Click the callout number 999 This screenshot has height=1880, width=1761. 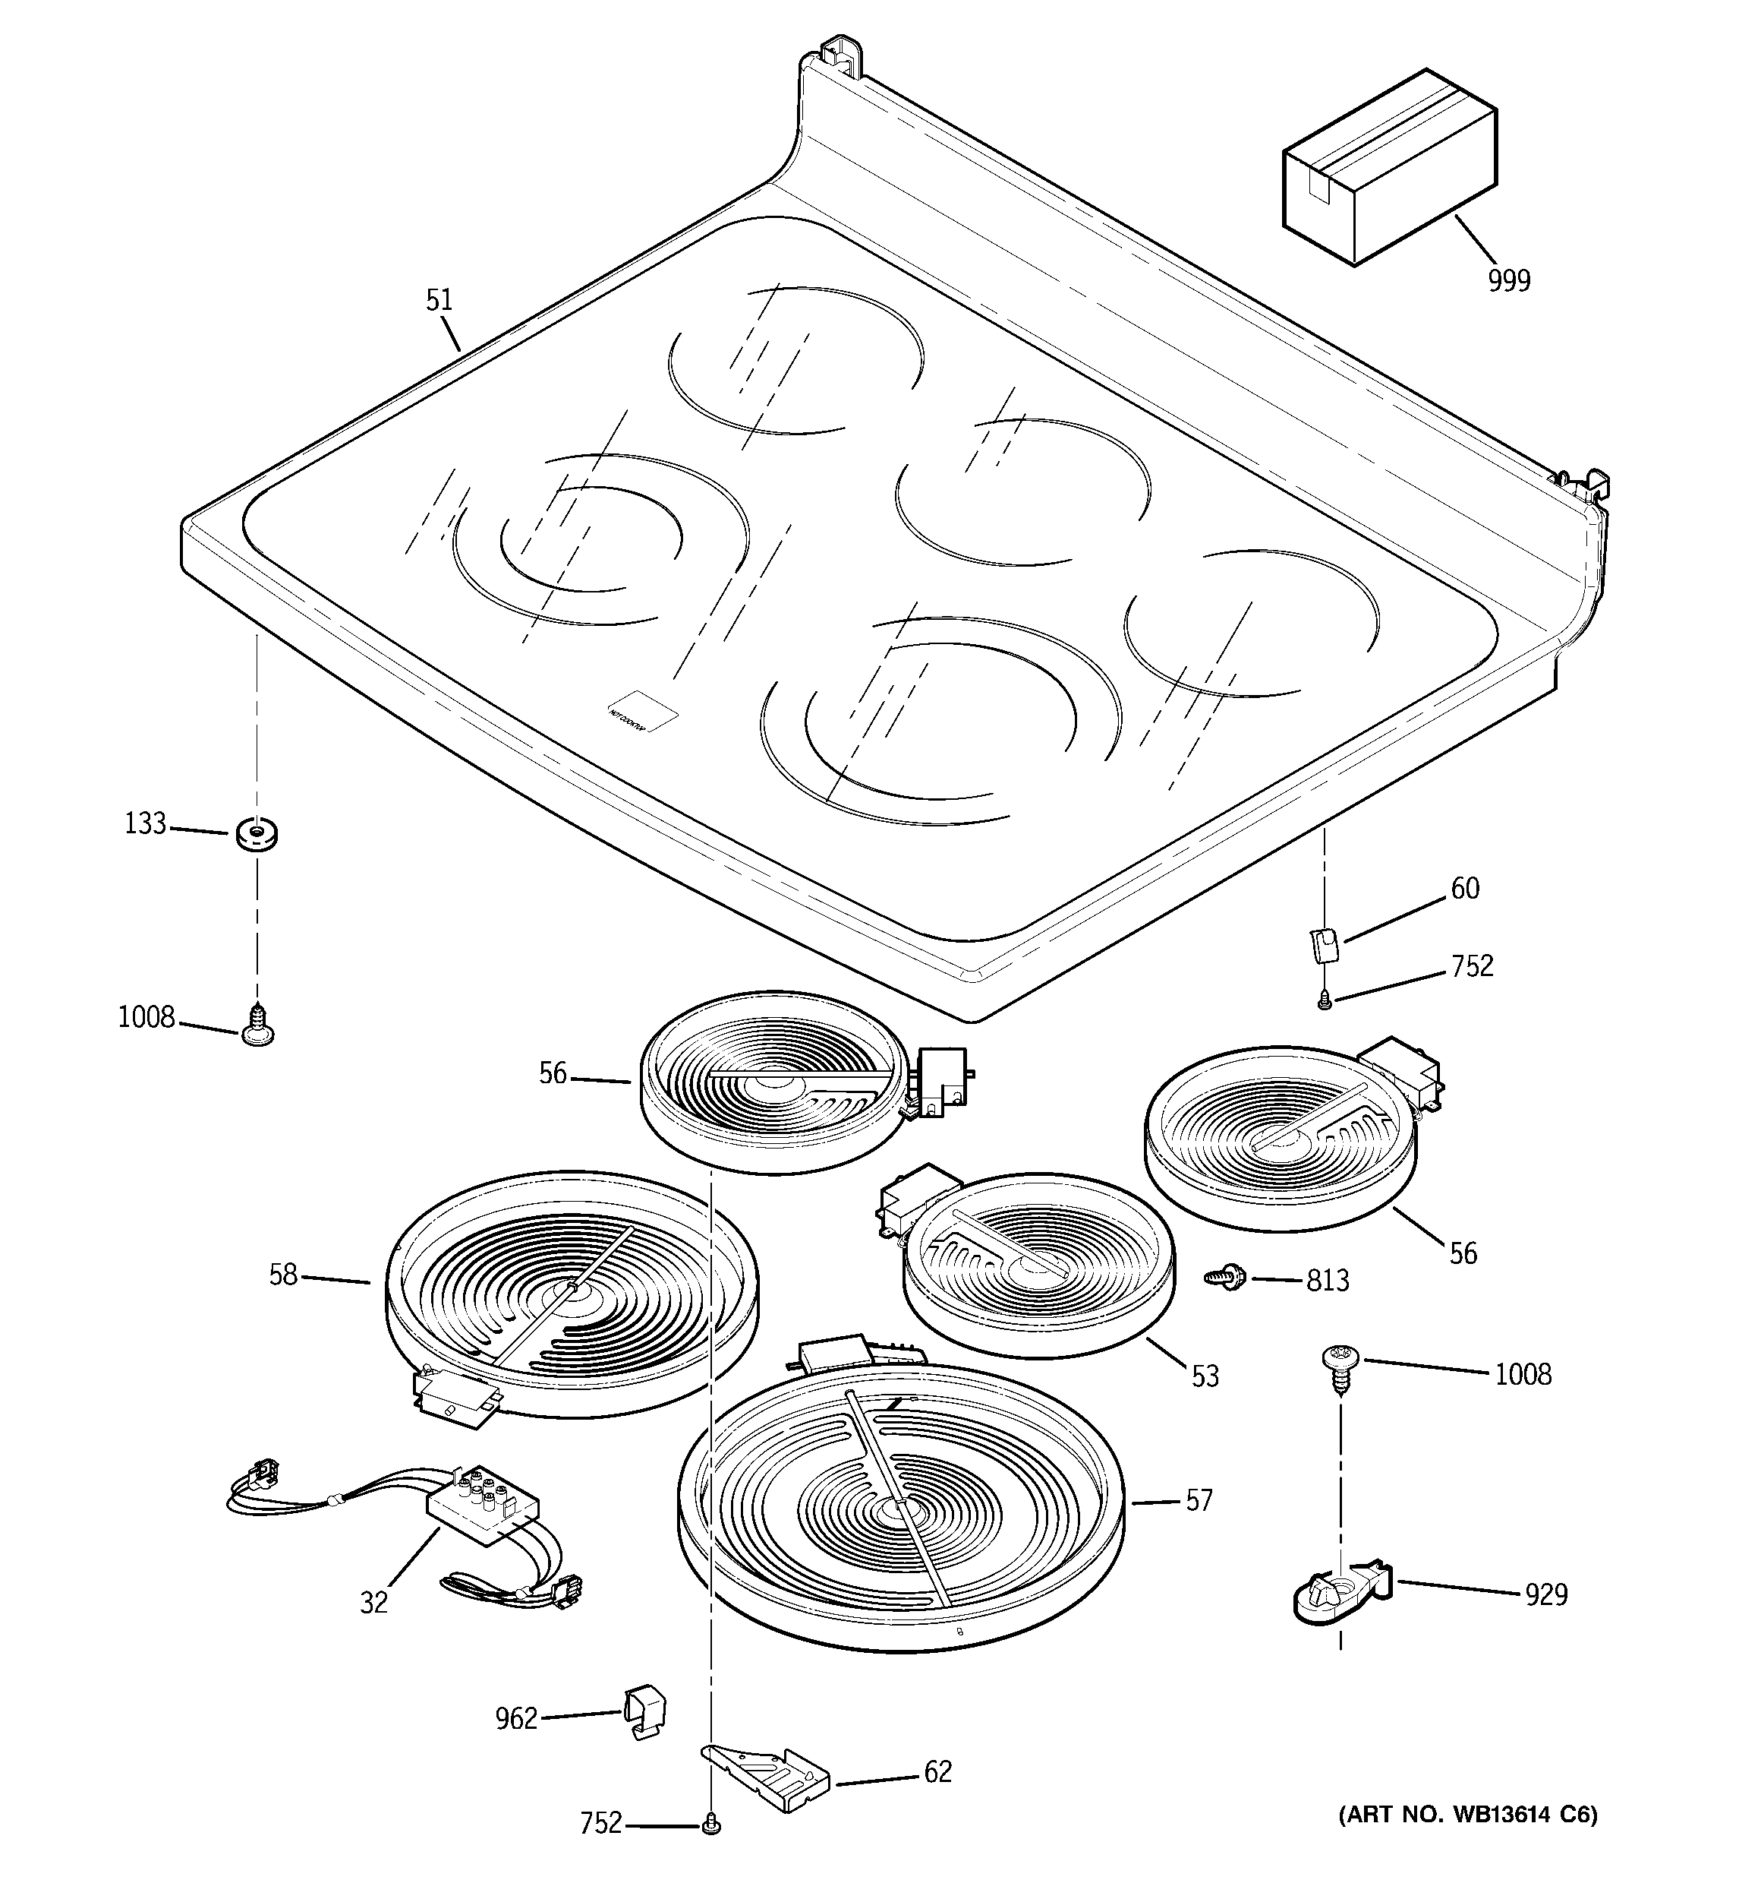[x=1509, y=281]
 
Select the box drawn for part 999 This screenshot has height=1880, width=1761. [x=1388, y=169]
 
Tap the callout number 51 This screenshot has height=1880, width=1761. [x=439, y=301]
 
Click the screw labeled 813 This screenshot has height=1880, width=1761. [x=1227, y=1278]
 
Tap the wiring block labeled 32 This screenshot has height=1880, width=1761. [x=481, y=1504]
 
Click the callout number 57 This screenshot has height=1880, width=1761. [x=1199, y=1501]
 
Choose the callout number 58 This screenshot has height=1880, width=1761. [x=284, y=1275]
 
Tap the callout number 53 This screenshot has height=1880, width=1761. [x=1205, y=1376]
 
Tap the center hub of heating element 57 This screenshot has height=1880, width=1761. [x=894, y=1511]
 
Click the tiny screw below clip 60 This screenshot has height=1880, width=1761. [x=1325, y=1000]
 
